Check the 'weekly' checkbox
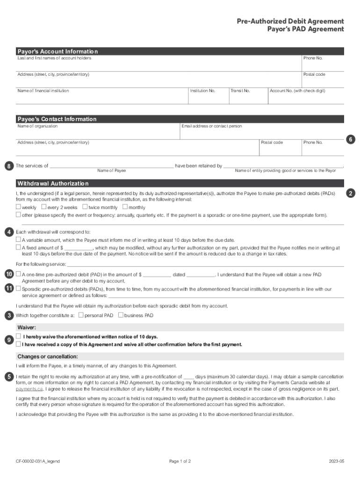tap(19, 207)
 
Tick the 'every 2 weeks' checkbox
tap(44, 207)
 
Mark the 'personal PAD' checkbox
tap(81, 315)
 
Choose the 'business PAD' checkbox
tap(121, 315)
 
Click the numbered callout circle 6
tap(350, 139)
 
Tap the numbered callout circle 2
tap(350, 193)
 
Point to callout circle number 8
tap(9, 166)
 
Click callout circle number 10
tap(9, 274)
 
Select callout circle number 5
tap(9, 377)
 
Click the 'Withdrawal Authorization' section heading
tap(53, 183)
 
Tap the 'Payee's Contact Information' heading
tap(57, 119)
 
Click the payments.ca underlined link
tap(29, 388)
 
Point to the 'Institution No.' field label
tap(202, 91)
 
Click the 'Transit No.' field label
tap(240, 91)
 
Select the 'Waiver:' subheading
tap(27, 327)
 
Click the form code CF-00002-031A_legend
tap(38, 461)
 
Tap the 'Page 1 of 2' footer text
tap(180, 461)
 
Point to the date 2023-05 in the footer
tap(336, 461)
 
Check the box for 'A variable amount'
tap(19, 239)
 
